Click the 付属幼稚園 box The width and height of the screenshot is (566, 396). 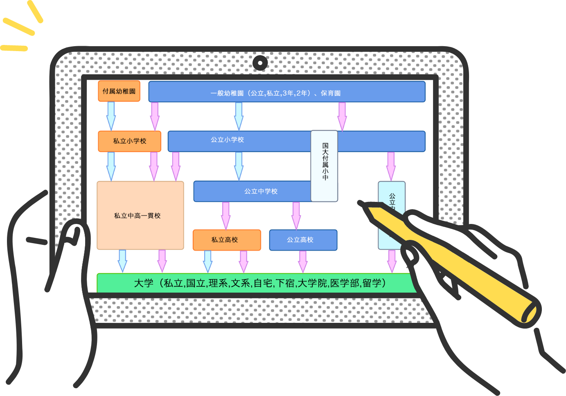119,91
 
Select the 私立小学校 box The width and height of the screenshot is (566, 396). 129,141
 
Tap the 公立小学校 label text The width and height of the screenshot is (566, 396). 227,140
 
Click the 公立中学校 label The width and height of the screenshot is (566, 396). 261,191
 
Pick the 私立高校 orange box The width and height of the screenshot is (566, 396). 226,240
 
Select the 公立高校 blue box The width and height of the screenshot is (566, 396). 303,240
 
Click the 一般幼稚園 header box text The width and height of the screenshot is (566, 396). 275,93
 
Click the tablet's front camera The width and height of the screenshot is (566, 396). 260,63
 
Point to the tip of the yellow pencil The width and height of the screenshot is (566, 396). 360,203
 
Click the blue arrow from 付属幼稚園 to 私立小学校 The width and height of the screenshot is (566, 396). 111,116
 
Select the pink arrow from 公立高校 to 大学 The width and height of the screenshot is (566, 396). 303,261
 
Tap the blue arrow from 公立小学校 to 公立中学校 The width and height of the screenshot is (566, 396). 239,166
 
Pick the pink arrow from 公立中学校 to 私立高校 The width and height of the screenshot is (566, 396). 225,215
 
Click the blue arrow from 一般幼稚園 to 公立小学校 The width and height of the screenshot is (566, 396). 239,116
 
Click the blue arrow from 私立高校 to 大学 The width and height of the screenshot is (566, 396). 207,261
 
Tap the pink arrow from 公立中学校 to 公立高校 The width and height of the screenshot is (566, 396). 296,215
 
